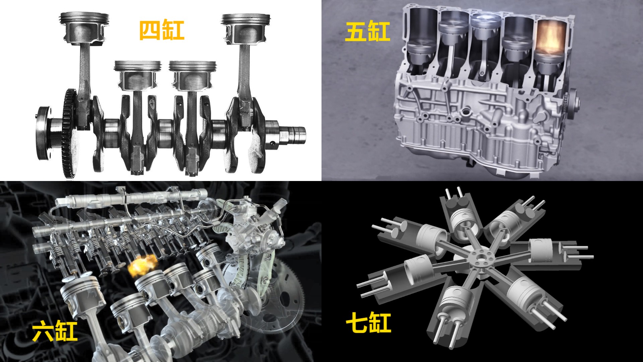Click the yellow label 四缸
(161, 31)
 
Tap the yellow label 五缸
(367, 32)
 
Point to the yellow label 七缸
(368, 322)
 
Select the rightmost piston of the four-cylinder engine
(246, 28)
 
